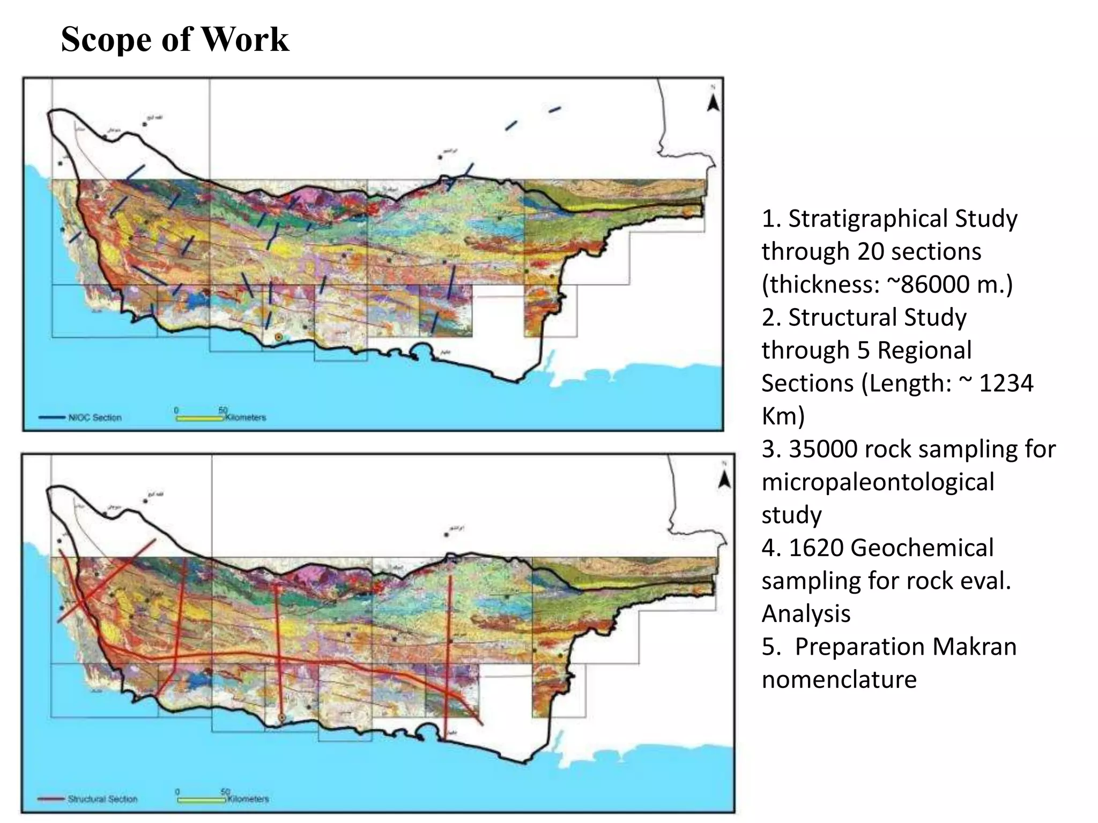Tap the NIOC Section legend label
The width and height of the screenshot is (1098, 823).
point(95,417)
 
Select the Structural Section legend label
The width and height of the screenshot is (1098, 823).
point(102,799)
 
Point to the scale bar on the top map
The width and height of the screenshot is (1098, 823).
point(199,418)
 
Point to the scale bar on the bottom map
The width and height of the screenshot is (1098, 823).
point(201,800)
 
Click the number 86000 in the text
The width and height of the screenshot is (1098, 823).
point(936,285)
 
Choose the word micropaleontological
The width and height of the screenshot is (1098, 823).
point(878,482)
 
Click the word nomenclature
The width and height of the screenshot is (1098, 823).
point(839,680)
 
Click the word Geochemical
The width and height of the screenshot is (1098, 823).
point(922,548)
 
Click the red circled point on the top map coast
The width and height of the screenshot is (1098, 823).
point(279,337)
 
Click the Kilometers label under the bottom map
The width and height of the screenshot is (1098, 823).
point(248,799)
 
